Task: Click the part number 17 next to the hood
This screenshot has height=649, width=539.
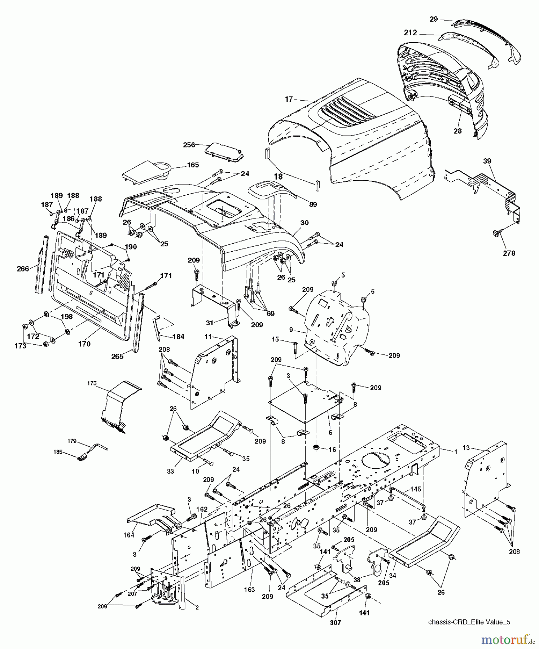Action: pos(288,99)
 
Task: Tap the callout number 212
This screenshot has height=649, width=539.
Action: pos(410,33)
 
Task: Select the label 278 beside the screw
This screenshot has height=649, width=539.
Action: pos(509,253)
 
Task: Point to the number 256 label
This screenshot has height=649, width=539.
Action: pos(189,145)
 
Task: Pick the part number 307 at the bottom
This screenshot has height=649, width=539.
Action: pos(336,622)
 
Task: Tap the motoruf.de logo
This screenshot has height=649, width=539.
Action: pos(509,640)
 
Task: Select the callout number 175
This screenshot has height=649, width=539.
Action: pos(92,383)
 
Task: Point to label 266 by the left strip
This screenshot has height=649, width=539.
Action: pos(23,269)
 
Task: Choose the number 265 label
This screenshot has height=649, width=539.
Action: pos(117,356)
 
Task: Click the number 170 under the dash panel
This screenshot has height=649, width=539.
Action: pos(84,344)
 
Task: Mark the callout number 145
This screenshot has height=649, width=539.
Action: pos(416,489)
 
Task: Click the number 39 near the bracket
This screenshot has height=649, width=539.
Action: pos(487,161)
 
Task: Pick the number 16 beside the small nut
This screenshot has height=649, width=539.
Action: pos(332,449)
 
